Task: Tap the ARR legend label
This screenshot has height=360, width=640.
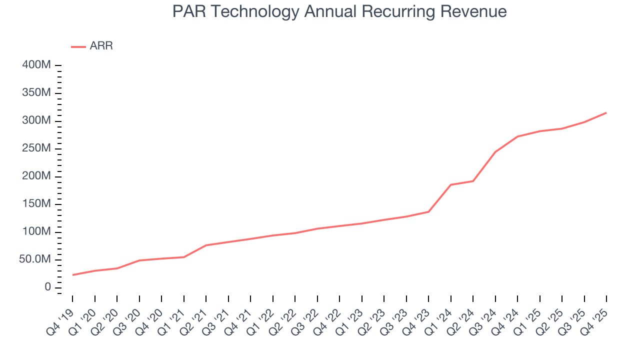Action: tap(101, 46)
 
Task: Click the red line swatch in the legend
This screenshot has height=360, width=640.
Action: tap(78, 46)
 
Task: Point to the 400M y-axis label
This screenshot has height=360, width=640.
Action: tap(35, 65)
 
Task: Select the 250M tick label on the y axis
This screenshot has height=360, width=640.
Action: tap(35, 148)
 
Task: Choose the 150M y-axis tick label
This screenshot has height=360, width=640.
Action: tap(35, 204)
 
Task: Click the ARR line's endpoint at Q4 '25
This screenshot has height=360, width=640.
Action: tap(606, 112)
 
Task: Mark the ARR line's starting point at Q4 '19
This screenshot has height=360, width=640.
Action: tap(72, 275)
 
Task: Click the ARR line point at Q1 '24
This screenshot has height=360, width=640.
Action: tap(451, 185)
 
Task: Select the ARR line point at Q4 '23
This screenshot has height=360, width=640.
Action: tap(428, 211)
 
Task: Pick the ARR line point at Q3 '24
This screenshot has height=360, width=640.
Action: tap(495, 151)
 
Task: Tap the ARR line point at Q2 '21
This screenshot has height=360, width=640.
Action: tap(206, 245)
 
